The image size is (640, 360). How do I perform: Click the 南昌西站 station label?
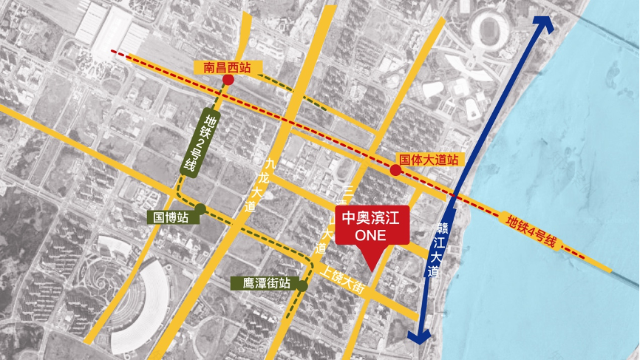228,67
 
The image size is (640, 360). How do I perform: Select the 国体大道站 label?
429,159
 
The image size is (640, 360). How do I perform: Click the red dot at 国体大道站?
395,171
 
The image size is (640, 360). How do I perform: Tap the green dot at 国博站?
200,208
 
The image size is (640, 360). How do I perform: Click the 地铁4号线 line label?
531,230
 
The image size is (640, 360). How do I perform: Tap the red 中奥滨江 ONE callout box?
371,225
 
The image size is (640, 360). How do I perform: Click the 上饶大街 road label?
344,279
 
